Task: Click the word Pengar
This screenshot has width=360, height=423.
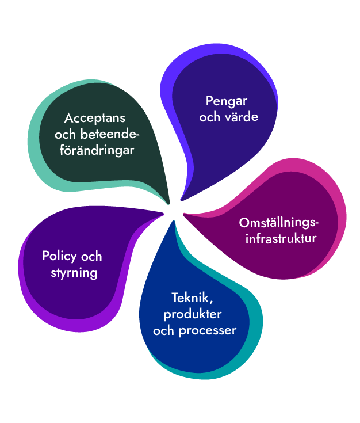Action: click(x=227, y=101)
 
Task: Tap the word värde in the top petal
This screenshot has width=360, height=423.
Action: click(x=242, y=117)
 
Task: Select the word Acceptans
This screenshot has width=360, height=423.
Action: click(x=95, y=118)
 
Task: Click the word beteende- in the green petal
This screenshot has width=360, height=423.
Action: click(x=112, y=134)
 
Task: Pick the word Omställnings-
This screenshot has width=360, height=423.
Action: click(x=278, y=223)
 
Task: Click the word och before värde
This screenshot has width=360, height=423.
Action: click(x=210, y=117)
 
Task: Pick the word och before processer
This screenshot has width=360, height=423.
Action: click(x=164, y=331)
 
